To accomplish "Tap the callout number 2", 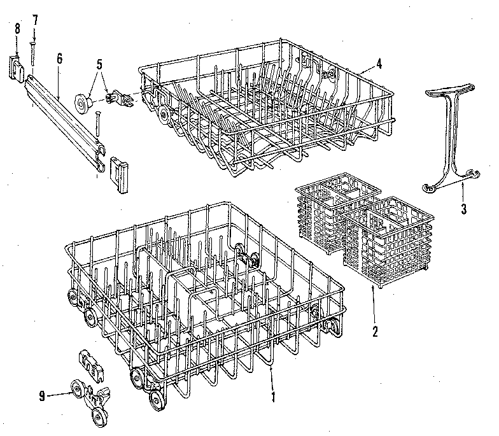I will click(x=376, y=331).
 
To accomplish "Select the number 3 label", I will click(x=463, y=208).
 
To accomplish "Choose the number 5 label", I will click(x=99, y=64).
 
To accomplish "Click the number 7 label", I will click(x=35, y=20).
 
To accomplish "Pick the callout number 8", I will click(x=17, y=28).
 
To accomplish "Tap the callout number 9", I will click(x=42, y=395).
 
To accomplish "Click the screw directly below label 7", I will click(x=32, y=54).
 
